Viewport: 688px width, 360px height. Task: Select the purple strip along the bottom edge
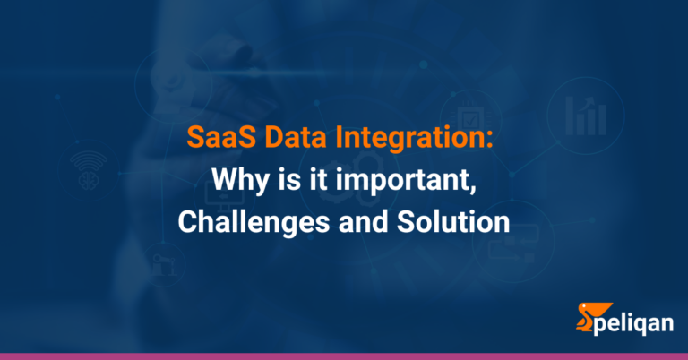coord(344,356)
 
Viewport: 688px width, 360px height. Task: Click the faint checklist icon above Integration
coord(469,117)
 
